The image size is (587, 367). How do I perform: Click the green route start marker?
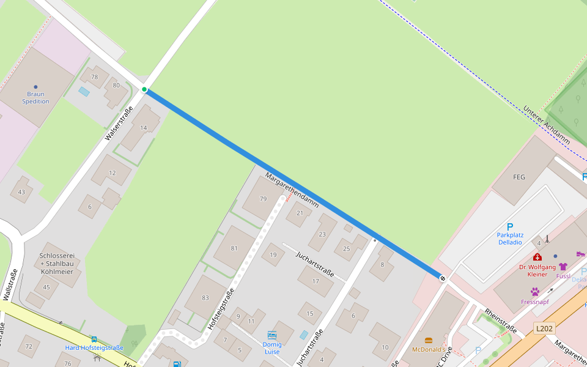[x=144, y=90]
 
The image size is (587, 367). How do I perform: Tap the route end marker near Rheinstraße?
[x=442, y=278]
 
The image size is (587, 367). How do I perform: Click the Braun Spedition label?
[x=35, y=97]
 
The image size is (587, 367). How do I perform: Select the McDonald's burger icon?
[x=429, y=340]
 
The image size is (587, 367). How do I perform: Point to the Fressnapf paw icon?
[x=535, y=292]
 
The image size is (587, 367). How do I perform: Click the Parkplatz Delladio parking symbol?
[x=510, y=227]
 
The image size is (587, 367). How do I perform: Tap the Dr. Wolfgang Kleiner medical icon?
[x=537, y=257]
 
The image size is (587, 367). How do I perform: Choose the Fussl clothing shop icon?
[x=563, y=267]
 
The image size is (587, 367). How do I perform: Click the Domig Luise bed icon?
[x=272, y=335]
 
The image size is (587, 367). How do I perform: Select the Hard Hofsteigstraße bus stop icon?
[x=94, y=339]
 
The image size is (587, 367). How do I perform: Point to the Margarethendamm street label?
[x=292, y=190]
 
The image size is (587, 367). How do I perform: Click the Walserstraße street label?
[x=119, y=123]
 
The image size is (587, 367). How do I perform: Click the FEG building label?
[x=517, y=177]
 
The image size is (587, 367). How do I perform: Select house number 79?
[x=264, y=199]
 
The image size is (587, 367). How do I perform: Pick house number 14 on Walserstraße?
[x=144, y=128]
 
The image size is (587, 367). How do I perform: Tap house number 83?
[x=205, y=298]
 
